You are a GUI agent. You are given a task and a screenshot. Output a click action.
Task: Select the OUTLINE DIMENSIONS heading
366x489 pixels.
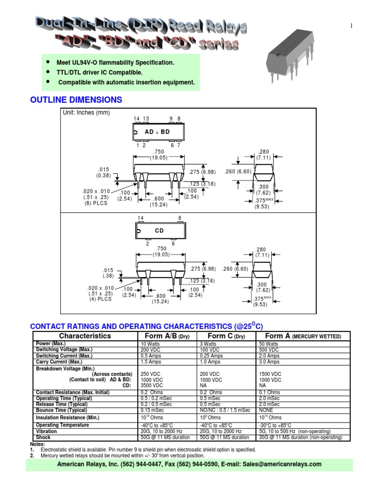pyautogui.click(x=76, y=100)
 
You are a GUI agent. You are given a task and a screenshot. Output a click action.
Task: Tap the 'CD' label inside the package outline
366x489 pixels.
pyautogui.click(x=159, y=231)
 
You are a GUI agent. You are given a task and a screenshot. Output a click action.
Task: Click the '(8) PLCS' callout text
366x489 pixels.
pyautogui.click(x=96, y=203)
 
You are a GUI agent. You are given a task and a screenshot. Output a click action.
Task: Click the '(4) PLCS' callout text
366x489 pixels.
pyautogui.click(x=100, y=299)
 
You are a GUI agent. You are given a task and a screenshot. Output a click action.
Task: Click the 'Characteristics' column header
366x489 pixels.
pyautogui.click(x=85, y=336)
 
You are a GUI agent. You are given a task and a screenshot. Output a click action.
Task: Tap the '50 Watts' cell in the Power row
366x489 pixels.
pyautogui.click(x=269, y=344)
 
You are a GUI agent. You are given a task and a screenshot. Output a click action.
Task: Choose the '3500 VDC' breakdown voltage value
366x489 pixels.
pyautogui.click(x=151, y=385)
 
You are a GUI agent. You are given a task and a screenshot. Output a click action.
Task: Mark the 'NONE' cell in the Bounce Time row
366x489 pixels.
pyautogui.click(x=266, y=410)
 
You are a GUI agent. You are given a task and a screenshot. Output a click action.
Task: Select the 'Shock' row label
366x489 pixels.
pyautogui.click(x=43, y=437)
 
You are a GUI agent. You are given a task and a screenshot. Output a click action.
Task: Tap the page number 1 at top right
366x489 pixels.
pyautogui.click(x=351, y=26)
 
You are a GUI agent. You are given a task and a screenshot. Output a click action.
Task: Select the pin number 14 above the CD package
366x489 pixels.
pyautogui.click(x=141, y=218)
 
